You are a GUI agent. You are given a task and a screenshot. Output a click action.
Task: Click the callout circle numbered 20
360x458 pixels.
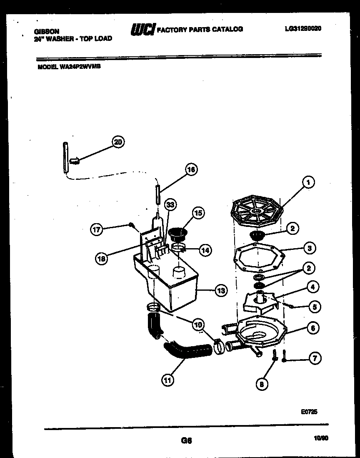pyautogui.click(x=118, y=142)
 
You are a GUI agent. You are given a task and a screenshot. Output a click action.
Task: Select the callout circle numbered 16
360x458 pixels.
pyautogui.click(x=191, y=169)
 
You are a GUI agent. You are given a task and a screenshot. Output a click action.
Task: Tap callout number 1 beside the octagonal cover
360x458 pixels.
pyautogui.click(x=308, y=182)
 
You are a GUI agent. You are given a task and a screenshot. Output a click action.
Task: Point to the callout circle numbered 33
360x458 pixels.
pyautogui.click(x=170, y=204)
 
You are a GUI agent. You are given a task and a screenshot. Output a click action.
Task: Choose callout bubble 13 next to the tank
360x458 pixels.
pyautogui.click(x=221, y=291)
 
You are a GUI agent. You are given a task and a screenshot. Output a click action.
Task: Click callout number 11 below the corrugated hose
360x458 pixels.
pyautogui.click(x=167, y=380)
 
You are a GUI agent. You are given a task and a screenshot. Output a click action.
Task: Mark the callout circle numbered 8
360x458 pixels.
pyautogui.click(x=262, y=384)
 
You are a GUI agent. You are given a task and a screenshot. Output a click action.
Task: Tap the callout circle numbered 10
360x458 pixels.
pyautogui.click(x=198, y=324)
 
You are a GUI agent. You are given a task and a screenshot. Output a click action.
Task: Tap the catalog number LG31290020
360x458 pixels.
pyautogui.click(x=303, y=29)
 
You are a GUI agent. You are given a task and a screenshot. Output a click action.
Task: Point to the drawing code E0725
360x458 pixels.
pyautogui.click(x=309, y=411)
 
